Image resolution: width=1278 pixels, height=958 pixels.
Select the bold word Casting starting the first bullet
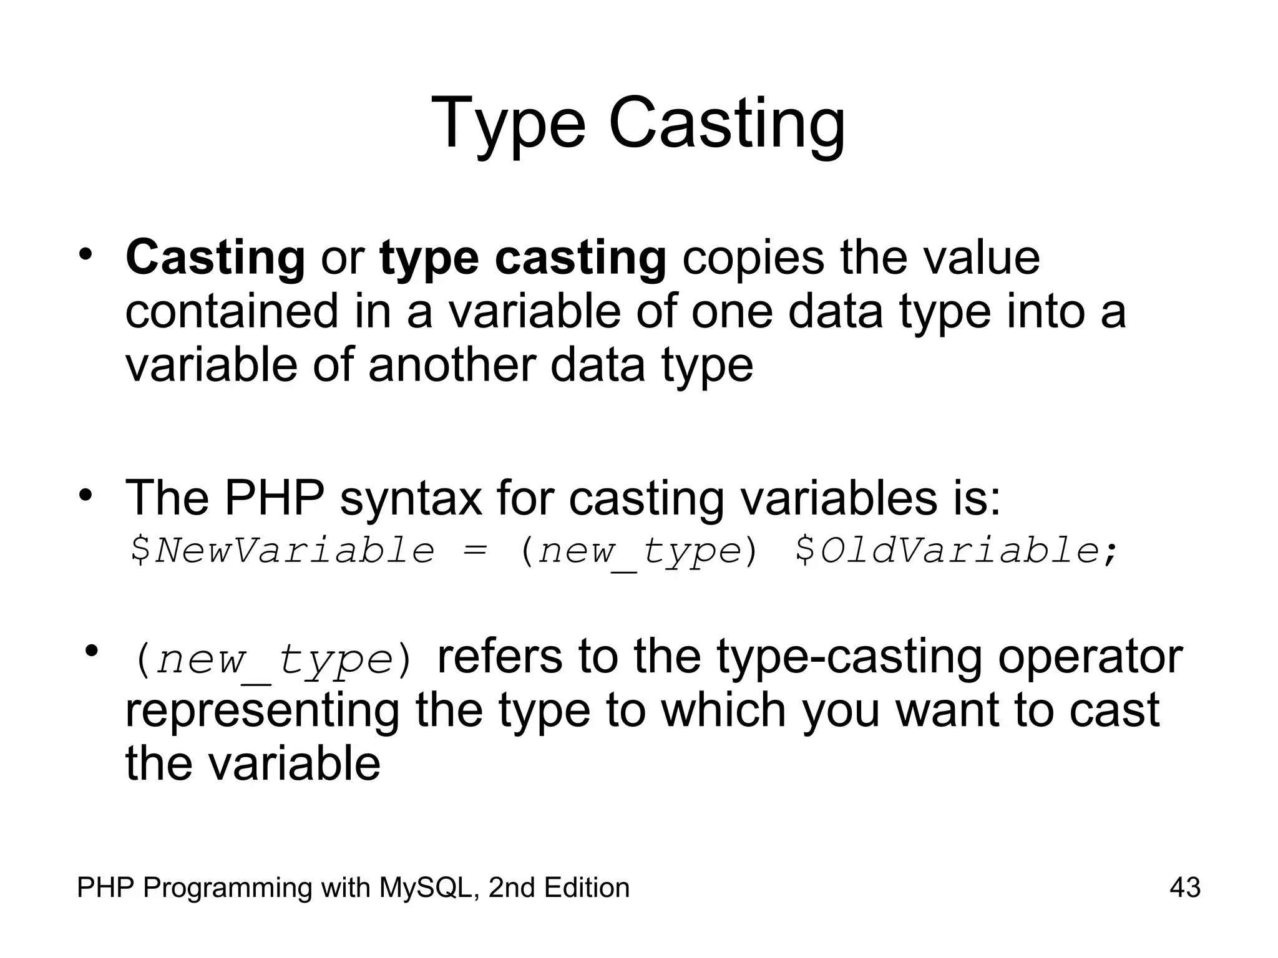click(215, 258)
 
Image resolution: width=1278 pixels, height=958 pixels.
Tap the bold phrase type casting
click(523, 258)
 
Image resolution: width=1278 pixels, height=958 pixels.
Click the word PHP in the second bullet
click(274, 497)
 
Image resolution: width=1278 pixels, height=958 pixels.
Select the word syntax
click(411, 497)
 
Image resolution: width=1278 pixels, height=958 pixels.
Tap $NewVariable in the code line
click(281, 551)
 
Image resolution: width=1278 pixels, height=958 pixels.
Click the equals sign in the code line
click(475, 551)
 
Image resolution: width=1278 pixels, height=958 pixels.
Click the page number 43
click(1184, 888)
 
